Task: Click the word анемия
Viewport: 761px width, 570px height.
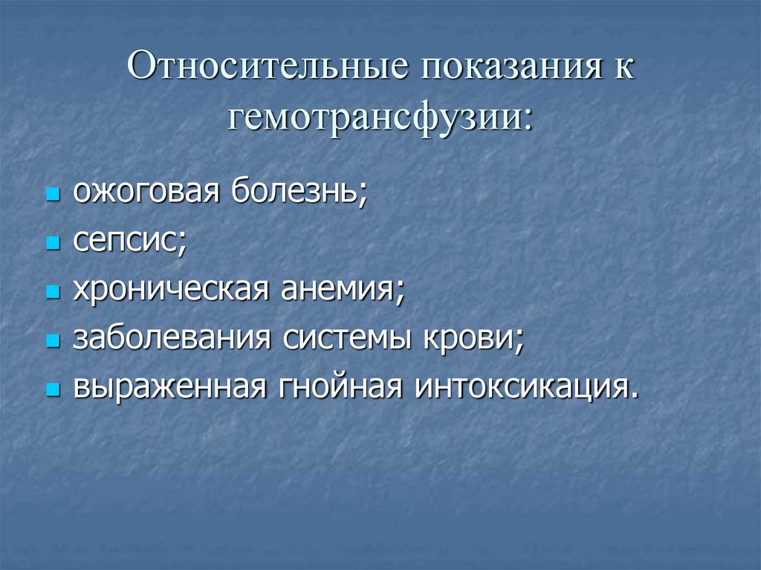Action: click(x=342, y=290)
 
